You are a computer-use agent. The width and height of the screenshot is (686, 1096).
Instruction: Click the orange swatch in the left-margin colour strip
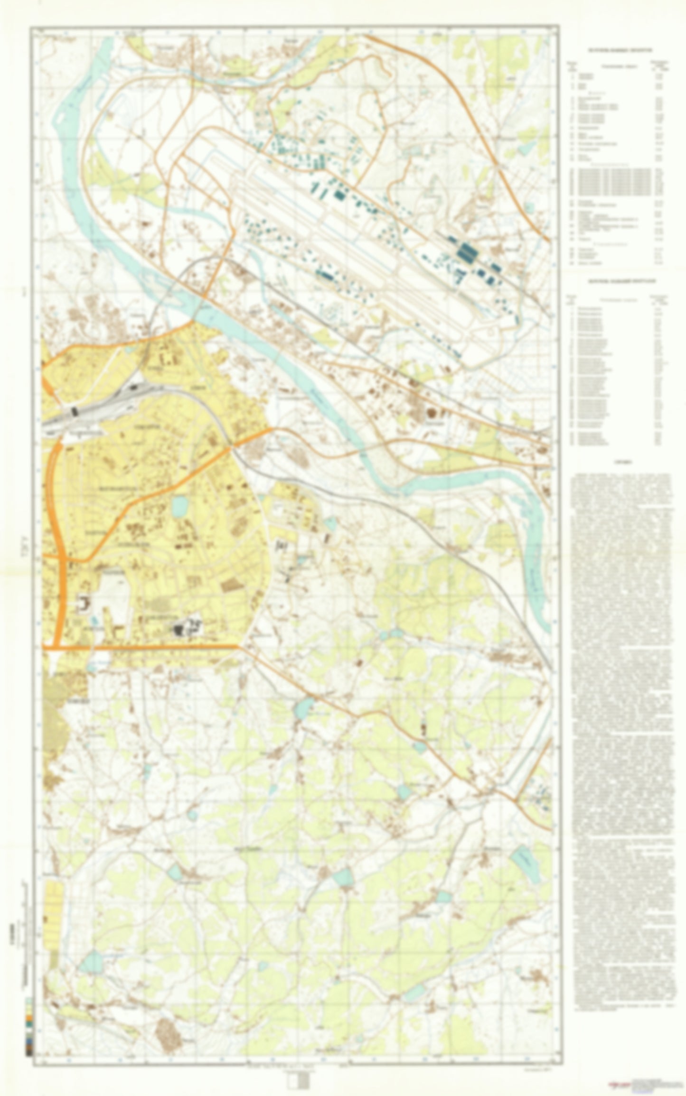point(29,1018)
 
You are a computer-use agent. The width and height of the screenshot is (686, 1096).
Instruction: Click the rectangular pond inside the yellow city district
point(179,507)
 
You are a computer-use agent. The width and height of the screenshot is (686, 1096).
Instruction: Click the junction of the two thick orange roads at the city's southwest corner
point(58,646)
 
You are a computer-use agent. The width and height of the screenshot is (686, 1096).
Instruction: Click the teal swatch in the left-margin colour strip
point(29,1024)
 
